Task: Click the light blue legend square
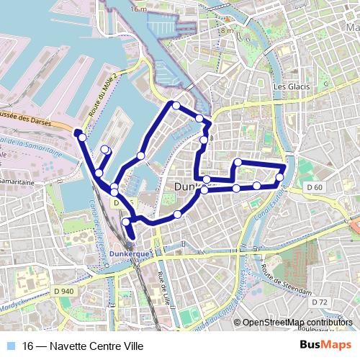click(9, 346)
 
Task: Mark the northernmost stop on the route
click(175, 105)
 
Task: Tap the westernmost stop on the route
click(83, 137)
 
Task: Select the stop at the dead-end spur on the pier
click(105, 150)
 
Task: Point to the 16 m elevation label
click(139, 9)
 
